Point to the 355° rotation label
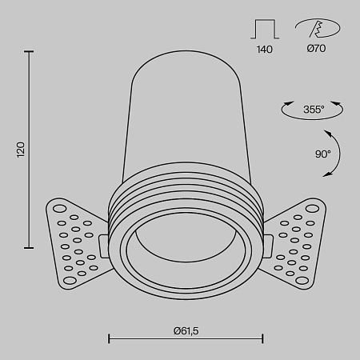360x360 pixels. [314, 110]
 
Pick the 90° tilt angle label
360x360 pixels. [322, 154]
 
